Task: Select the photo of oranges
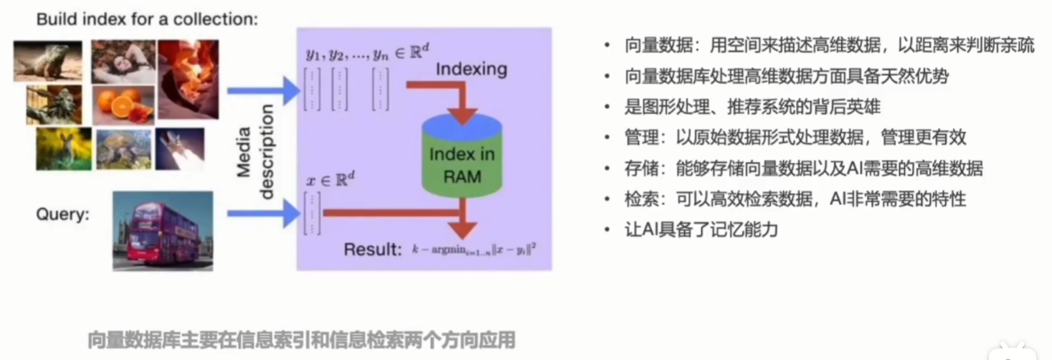(123, 105)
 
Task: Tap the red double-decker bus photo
(163, 230)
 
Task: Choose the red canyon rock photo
(188, 79)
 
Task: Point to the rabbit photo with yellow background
(63, 148)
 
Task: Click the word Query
(63, 214)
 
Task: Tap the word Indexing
(471, 69)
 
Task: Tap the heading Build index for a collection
(146, 19)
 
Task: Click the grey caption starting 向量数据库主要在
(301, 340)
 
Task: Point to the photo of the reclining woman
(123, 62)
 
